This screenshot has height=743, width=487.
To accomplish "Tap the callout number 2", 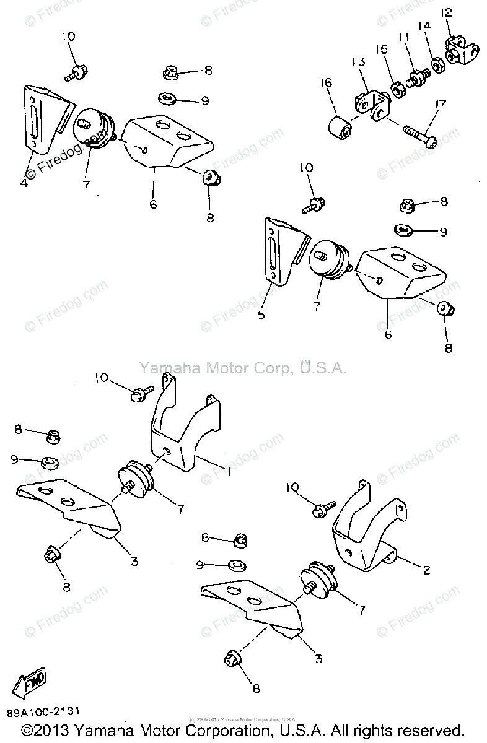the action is [x=426, y=570].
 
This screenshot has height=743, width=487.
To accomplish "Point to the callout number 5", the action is [x=261, y=315].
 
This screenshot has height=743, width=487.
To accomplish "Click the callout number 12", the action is [x=447, y=12].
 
